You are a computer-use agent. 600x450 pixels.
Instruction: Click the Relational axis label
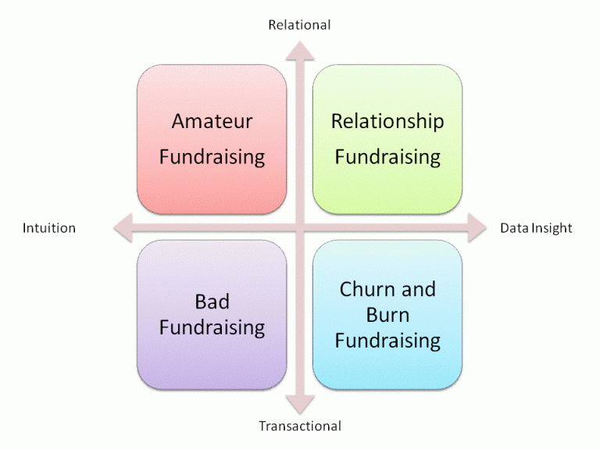click(x=299, y=25)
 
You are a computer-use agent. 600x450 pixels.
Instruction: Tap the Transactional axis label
click(x=300, y=426)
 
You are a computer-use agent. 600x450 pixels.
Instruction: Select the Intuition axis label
click(x=49, y=228)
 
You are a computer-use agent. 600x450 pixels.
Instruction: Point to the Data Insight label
click(x=536, y=228)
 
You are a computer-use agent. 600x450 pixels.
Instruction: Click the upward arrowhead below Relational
click(x=300, y=51)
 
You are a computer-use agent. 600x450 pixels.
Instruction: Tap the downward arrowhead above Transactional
click(x=300, y=405)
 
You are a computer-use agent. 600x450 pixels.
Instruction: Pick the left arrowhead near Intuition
click(x=123, y=228)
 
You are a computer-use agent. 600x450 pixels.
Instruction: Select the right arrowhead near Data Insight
click(x=477, y=228)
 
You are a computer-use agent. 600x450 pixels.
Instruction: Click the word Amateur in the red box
click(x=212, y=121)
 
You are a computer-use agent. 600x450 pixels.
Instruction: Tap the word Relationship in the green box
click(x=387, y=122)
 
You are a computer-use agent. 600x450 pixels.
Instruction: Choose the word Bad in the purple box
click(x=212, y=302)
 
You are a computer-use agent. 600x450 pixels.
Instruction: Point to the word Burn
click(x=387, y=315)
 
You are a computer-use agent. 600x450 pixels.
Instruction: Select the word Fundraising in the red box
click(x=212, y=157)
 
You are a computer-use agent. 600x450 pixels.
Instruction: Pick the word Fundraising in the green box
click(x=387, y=157)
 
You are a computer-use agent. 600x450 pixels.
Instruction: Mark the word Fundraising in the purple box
click(x=212, y=328)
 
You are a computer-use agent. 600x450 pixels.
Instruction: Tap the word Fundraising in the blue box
click(x=387, y=341)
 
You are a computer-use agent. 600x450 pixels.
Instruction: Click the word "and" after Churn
click(x=419, y=289)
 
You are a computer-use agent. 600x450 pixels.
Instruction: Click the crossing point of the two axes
click(x=300, y=228)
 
